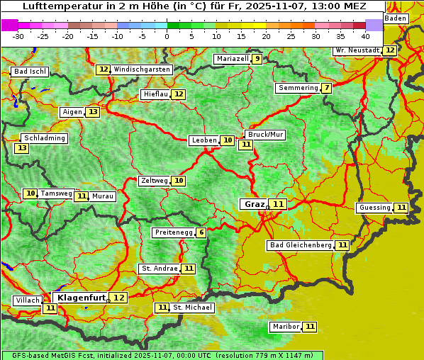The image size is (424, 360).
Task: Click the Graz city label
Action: pos(254,204)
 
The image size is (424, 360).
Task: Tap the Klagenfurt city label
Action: pos(82,298)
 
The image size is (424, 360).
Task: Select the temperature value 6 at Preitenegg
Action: pos(201,232)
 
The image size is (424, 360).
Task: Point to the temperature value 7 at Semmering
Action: pos(326,88)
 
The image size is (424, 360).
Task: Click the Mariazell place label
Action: pos(232,59)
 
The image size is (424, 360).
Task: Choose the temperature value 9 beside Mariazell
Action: pos(257,59)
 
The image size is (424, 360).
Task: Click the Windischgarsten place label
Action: pos(142,69)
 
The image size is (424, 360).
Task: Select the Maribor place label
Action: pos(285,327)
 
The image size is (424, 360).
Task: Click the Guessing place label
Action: pos(374,208)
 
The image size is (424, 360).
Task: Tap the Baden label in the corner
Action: pos(396,18)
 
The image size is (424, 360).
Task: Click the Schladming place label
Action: pos(44,138)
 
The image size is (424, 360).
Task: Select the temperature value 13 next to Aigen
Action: pos(93,112)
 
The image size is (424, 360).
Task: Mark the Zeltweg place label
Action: pos(155,181)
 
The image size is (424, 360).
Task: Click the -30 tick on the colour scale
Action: pos(18,35)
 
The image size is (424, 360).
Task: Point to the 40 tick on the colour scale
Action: pos(365,35)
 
